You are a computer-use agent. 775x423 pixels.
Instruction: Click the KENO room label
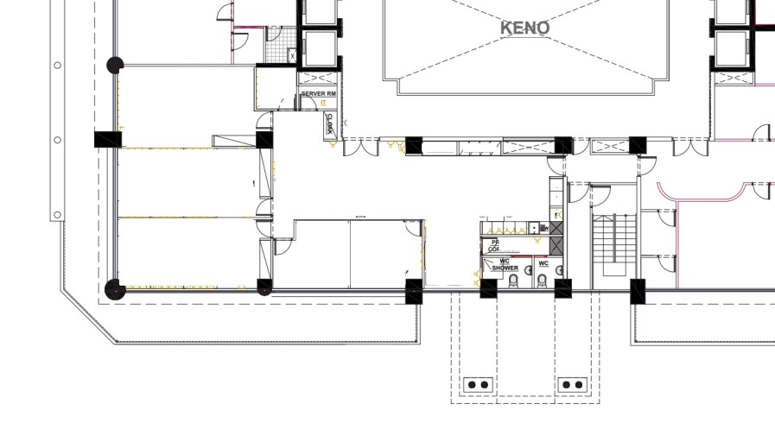(x=524, y=28)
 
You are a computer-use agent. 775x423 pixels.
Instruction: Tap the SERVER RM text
(x=318, y=94)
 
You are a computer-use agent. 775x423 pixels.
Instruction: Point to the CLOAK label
(x=330, y=125)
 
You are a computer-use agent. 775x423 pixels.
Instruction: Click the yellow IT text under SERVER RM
(x=323, y=102)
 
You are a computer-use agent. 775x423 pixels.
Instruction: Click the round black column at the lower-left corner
(x=112, y=290)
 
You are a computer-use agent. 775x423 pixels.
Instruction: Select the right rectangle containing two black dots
(x=573, y=384)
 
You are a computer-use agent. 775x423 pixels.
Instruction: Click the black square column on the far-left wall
(x=107, y=139)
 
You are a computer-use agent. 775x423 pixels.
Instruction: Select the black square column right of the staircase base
(x=638, y=292)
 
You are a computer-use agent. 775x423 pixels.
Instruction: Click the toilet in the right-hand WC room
(x=543, y=281)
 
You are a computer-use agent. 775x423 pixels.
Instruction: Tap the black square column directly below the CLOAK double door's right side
(x=415, y=146)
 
